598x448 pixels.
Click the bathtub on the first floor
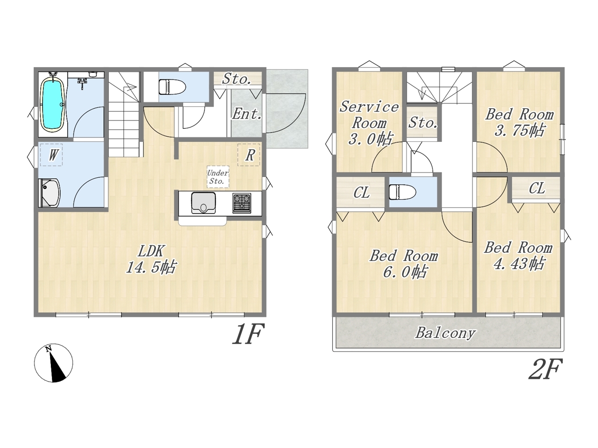tap(53, 105)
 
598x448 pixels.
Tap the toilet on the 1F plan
tap(172, 87)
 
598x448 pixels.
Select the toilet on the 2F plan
tap(402, 192)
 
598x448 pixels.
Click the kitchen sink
tap(203, 203)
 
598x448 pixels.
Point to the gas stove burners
tap(242, 203)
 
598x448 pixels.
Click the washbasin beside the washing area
tap(50, 193)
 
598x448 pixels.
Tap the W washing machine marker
tap(51, 155)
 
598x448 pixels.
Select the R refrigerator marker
tap(249, 155)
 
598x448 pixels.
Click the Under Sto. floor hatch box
tap(218, 177)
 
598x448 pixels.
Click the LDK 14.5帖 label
tap(151, 259)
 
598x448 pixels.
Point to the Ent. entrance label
tap(247, 114)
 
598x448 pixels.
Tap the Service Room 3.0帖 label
tap(369, 123)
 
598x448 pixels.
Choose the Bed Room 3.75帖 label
tap(519, 122)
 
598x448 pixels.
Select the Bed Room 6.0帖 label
tap(404, 264)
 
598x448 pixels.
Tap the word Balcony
tap(446, 334)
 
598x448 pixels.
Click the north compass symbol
tap(53, 363)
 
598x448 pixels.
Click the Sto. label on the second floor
tap(422, 123)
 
